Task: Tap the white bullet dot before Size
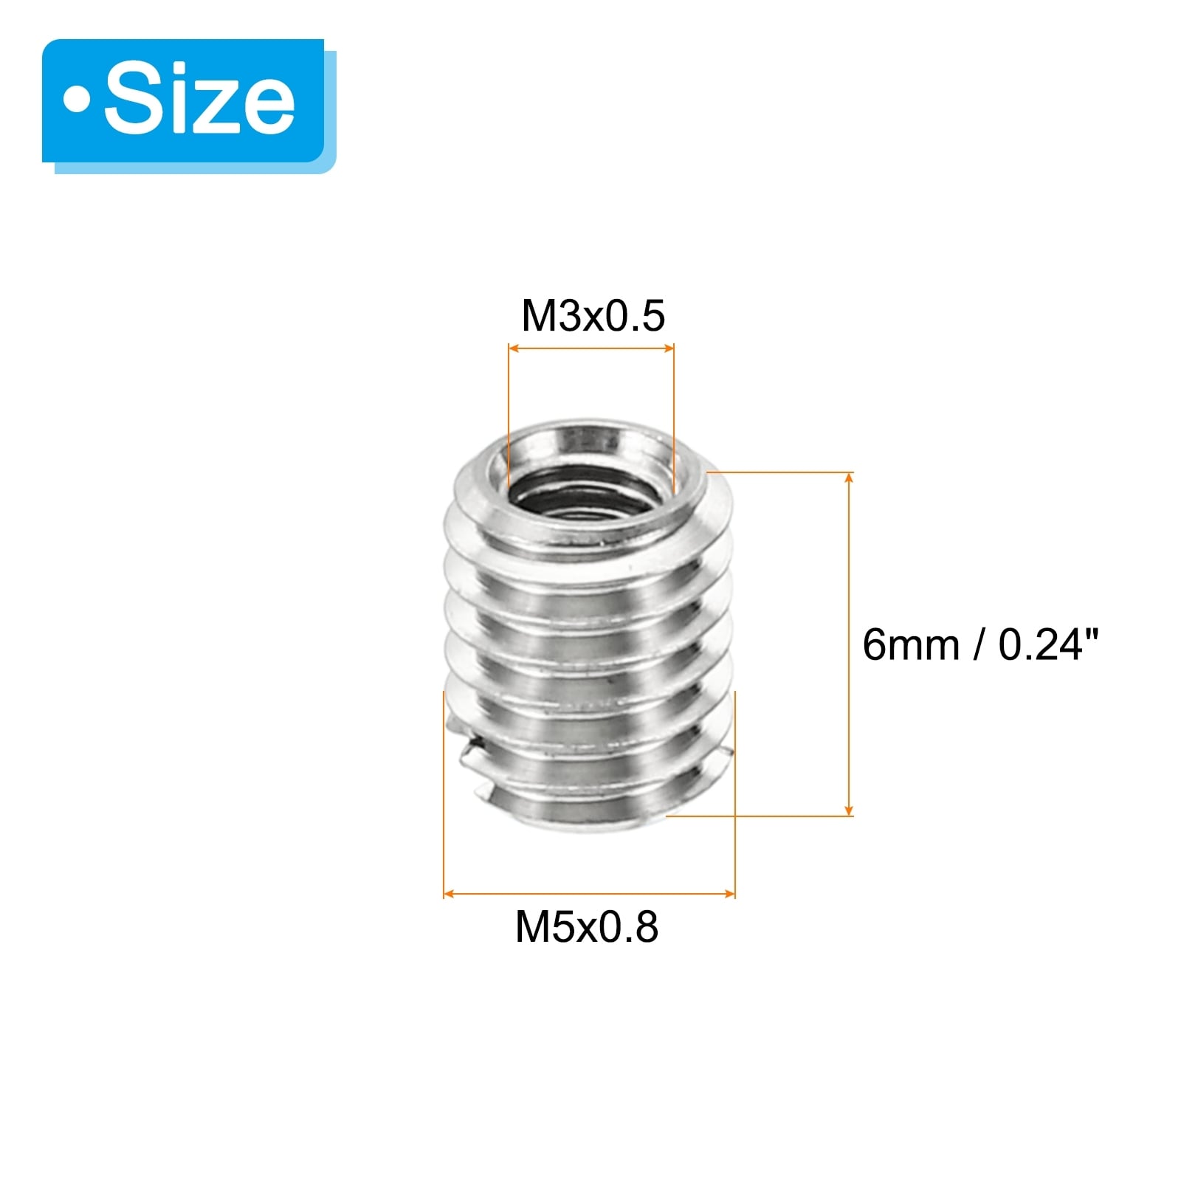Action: [76, 101]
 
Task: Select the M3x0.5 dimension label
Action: [593, 316]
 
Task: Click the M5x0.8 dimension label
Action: [587, 927]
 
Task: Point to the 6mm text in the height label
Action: [911, 645]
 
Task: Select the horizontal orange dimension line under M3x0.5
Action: [591, 348]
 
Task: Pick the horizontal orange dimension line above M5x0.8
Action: [589, 895]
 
